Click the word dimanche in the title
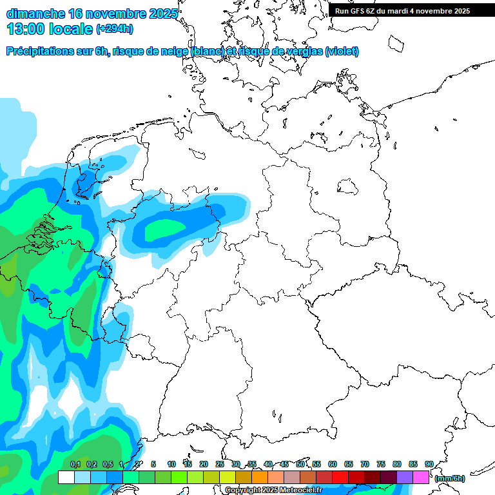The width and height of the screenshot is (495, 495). (35, 13)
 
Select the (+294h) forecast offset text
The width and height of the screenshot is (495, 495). (115, 28)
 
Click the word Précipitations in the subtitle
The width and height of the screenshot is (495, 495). (41, 52)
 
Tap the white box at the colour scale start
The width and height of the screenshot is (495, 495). (66, 477)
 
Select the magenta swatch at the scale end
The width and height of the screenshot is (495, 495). (421, 477)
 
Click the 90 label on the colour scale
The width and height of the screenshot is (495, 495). (429, 464)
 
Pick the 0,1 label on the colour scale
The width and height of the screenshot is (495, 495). (75, 464)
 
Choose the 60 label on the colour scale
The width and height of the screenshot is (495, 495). (333, 464)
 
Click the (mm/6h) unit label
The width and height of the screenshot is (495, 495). (450, 478)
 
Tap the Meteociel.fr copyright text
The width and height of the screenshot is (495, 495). (273, 490)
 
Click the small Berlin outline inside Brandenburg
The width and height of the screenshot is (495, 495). (349, 188)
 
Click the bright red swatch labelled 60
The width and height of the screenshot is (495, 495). (340, 477)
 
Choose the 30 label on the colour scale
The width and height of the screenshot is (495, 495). (236, 464)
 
